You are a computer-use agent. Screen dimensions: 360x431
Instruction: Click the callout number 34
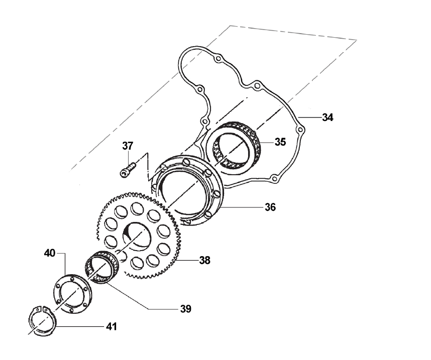pyautogui.click(x=328, y=117)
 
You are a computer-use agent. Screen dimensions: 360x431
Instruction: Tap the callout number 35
pyautogui.click(x=280, y=142)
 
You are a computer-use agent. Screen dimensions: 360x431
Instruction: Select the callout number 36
pyautogui.click(x=271, y=206)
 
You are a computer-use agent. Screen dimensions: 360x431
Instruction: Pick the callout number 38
pyautogui.click(x=204, y=261)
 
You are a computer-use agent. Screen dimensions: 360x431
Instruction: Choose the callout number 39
pyautogui.click(x=185, y=308)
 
